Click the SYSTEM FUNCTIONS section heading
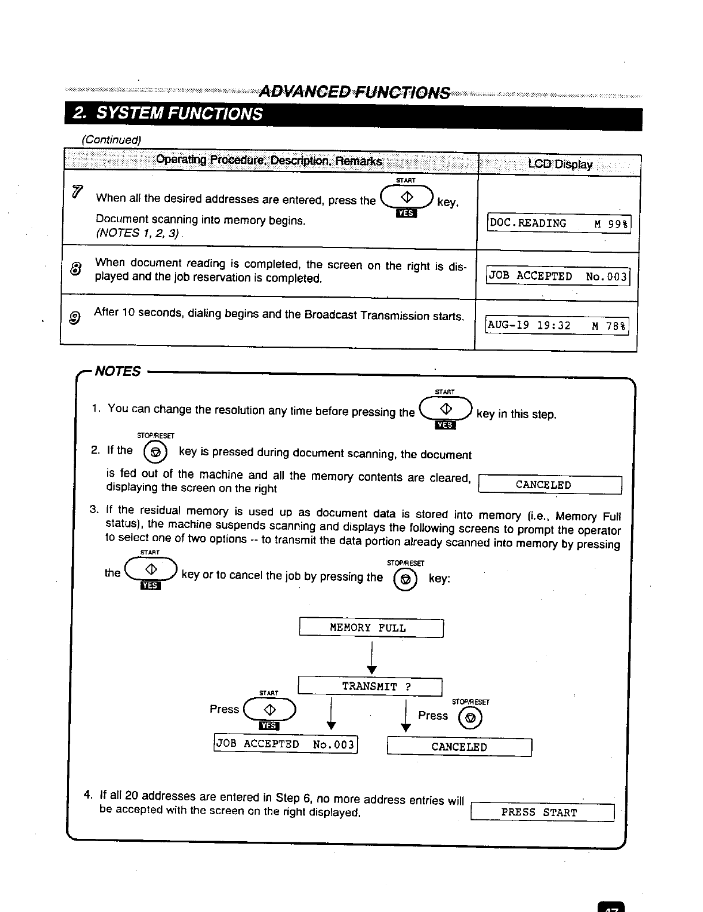(167, 113)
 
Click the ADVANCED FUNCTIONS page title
(354, 92)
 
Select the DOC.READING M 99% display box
(559, 223)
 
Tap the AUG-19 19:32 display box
(557, 326)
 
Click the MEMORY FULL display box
(371, 628)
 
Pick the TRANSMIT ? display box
(370, 687)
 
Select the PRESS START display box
(542, 812)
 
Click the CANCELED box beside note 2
(550, 485)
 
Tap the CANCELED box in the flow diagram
(459, 747)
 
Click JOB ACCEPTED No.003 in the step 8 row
(558, 276)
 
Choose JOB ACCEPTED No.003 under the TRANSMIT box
(286, 744)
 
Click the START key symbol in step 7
(406, 197)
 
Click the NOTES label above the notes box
(117, 371)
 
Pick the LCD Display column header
(560, 165)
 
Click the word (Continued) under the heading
(111, 140)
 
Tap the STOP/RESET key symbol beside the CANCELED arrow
(470, 717)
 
